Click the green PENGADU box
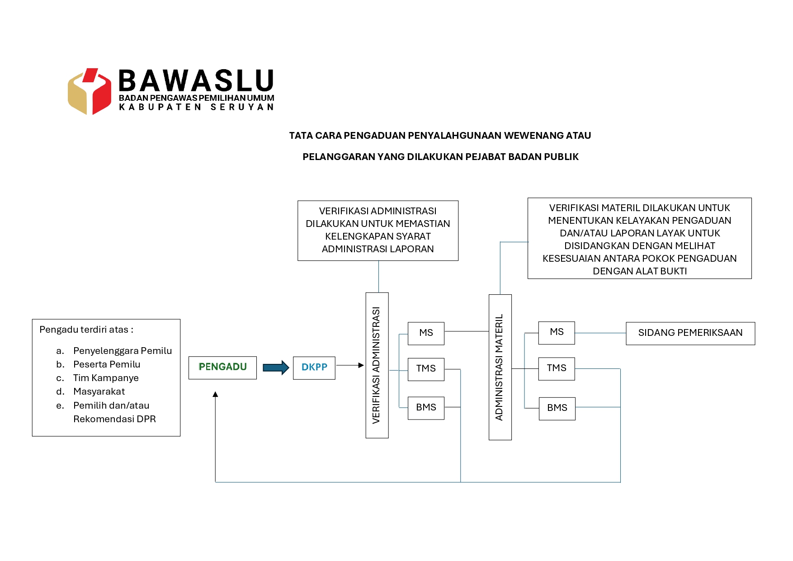222,368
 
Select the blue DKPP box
314,368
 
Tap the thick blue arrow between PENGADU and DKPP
276,368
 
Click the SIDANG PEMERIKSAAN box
690,333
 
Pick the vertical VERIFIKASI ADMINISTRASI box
377,365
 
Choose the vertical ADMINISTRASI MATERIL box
500,367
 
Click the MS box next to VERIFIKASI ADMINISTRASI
426,333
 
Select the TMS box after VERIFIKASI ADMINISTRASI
426,369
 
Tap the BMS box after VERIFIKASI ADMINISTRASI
426,408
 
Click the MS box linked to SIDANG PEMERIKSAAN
557,333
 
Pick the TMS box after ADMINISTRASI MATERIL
557,368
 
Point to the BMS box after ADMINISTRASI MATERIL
557,408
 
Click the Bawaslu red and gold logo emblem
90,91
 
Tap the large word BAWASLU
196,81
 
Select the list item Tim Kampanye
106,378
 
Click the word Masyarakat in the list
99,391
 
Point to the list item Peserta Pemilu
107,364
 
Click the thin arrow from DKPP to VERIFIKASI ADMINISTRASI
350,365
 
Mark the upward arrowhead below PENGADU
216,394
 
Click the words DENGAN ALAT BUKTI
640,271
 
